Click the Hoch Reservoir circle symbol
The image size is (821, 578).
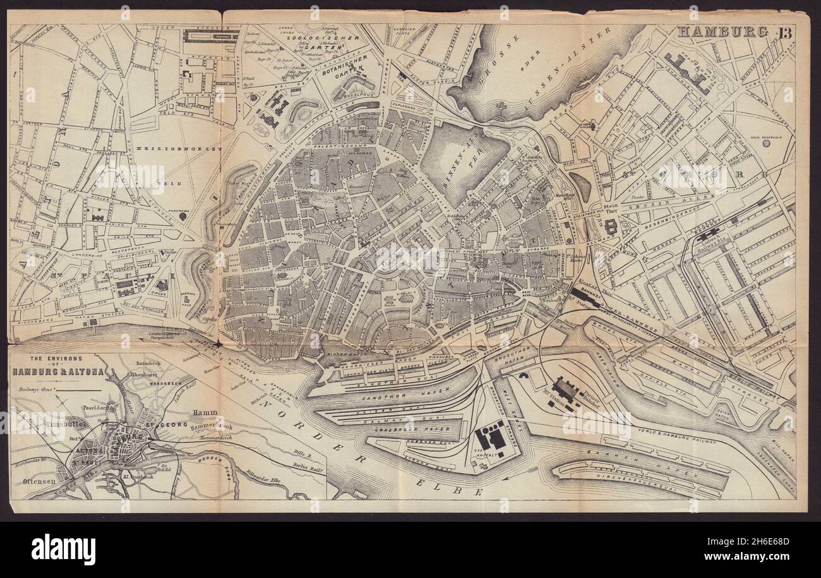[766, 143]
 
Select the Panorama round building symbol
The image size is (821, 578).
[183, 216]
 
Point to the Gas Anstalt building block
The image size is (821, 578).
[491, 436]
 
